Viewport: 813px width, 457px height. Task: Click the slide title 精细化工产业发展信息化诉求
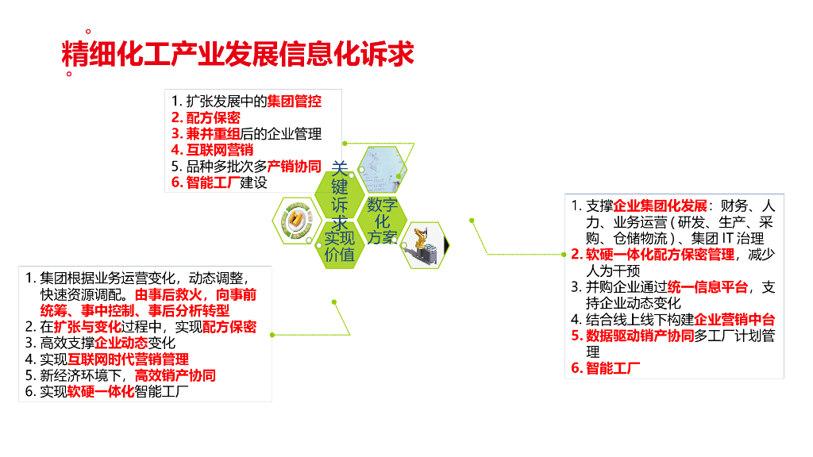238,54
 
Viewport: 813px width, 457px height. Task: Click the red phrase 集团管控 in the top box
294,102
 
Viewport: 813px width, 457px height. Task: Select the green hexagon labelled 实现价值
340,246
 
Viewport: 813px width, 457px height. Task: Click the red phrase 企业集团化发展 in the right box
661,205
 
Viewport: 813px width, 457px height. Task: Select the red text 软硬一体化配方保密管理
660,255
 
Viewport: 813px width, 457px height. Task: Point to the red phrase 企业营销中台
734,320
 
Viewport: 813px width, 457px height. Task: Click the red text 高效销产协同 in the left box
175,375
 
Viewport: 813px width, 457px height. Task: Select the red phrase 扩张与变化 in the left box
87,327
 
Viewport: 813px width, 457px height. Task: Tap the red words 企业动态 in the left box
121,344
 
